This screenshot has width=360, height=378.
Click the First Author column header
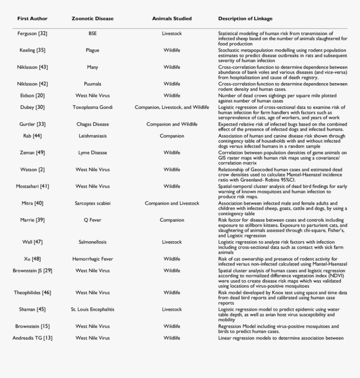tap(32, 19)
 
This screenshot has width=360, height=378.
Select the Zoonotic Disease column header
tap(93, 19)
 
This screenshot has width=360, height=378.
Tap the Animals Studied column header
tap(172, 19)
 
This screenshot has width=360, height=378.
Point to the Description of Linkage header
tap(245, 19)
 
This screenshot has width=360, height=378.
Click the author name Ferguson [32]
tap(32, 33)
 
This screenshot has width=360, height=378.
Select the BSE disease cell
tap(93, 33)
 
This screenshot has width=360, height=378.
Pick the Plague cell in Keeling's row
tap(93, 50)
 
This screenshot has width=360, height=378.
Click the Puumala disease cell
tap(93, 84)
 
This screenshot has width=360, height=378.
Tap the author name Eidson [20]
tap(32, 96)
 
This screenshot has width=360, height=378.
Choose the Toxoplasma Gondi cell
tap(93, 108)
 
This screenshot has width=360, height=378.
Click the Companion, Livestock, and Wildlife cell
tap(172, 108)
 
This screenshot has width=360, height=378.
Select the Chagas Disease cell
tap(93, 124)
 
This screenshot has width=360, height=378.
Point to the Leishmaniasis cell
tap(93, 136)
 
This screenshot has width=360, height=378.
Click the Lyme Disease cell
tap(93, 153)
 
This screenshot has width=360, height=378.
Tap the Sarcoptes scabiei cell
tap(93, 203)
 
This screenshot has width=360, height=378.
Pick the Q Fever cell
tap(93, 220)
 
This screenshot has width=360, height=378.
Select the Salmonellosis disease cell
tap(93, 242)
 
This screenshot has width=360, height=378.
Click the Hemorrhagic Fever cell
tap(93, 259)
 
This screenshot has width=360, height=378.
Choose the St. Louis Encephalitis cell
tap(93, 309)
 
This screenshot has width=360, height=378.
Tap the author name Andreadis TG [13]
tap(32, 338)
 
